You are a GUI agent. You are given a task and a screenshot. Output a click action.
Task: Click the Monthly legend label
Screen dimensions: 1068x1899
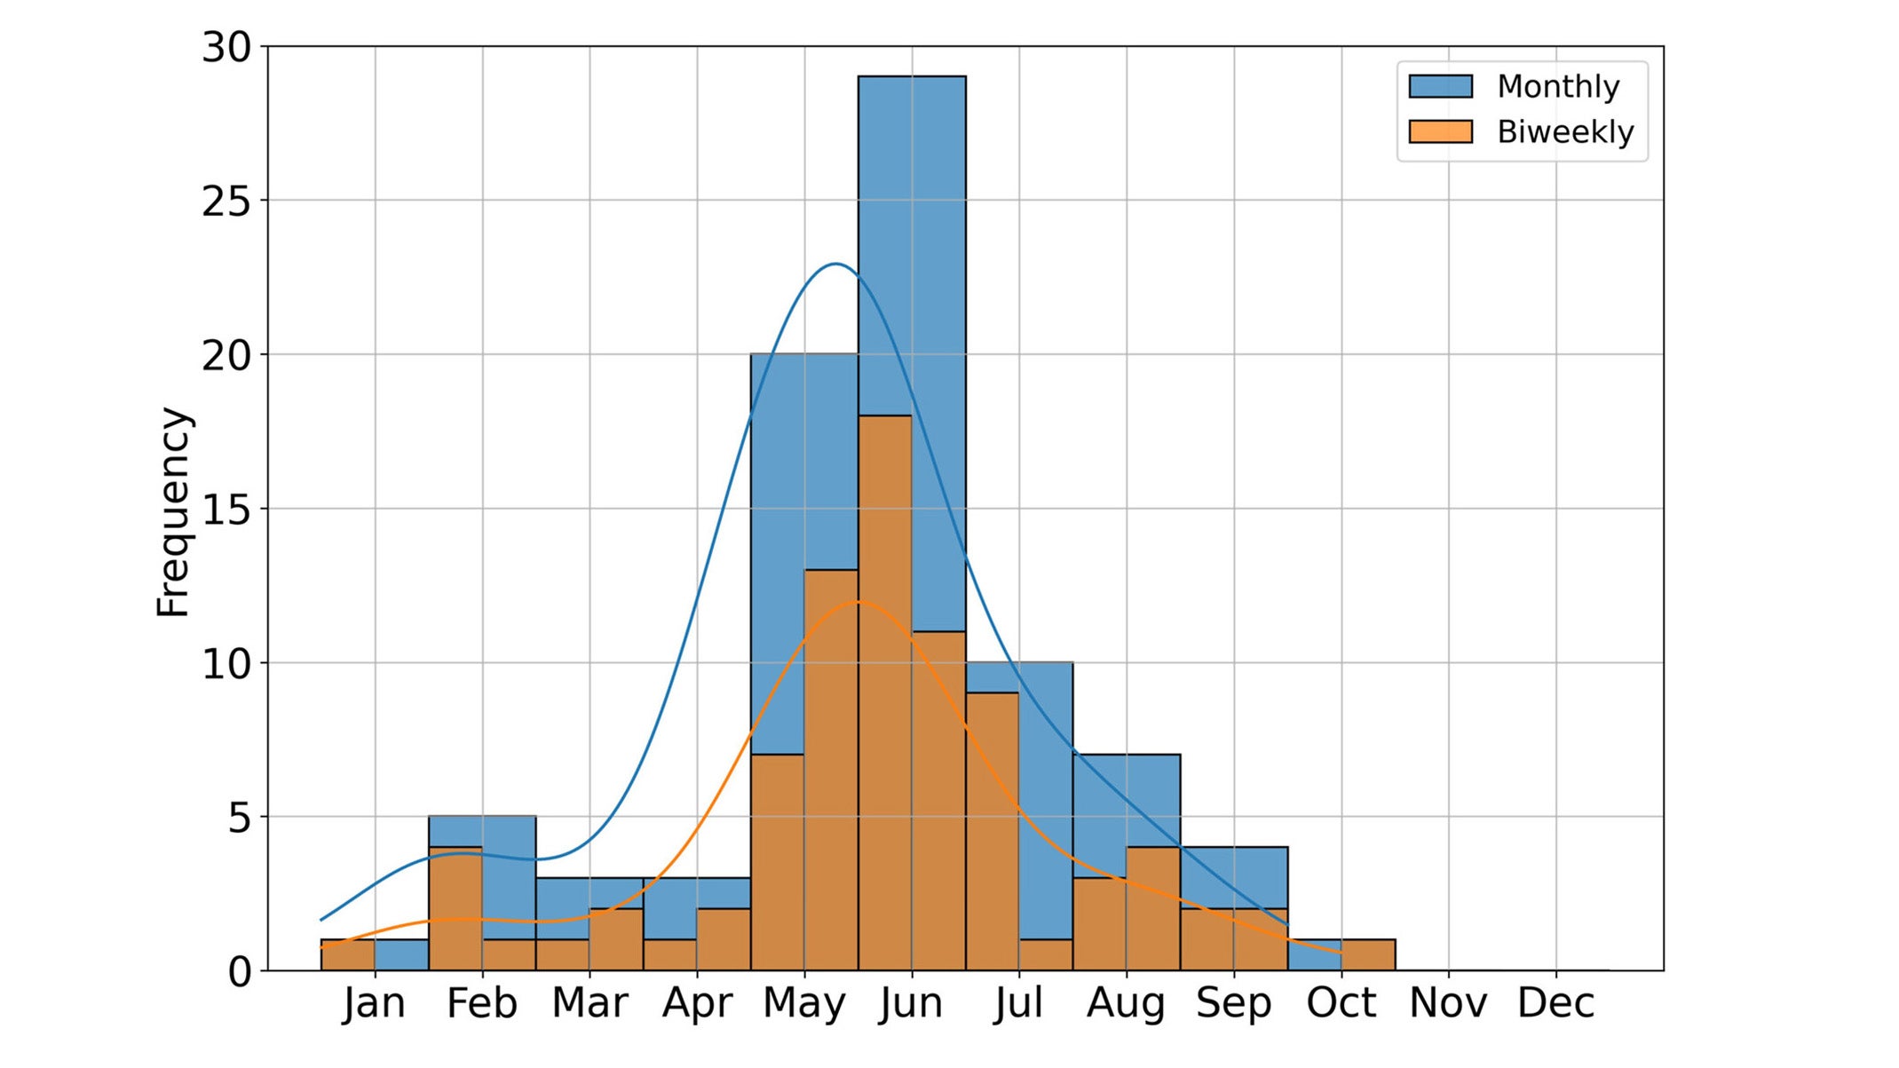[x=1558, y=86]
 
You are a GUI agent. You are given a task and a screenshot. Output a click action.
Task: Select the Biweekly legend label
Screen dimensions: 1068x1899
[x=1565, y=131]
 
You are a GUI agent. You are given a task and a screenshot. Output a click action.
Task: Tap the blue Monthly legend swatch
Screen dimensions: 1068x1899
[x=1440, y=86]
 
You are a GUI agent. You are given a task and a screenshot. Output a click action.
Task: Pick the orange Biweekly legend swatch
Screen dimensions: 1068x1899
[x=1440, y=131]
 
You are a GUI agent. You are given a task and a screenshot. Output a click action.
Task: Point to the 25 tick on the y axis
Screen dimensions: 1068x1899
[x=226, y=202]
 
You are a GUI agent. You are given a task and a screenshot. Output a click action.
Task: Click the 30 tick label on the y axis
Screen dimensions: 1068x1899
[x=226, y=47]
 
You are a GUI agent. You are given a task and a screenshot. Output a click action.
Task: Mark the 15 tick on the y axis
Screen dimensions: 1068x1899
[x=226, y=510]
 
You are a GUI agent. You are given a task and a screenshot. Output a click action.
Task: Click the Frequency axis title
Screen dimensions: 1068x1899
[x=173, y=511]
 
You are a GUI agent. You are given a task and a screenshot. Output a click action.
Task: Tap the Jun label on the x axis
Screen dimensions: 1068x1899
[x=911, y=1003]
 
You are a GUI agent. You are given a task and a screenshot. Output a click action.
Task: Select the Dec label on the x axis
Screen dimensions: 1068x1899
[x=1555, y=1003]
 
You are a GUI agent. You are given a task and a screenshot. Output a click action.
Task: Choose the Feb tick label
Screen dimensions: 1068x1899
[x=481, y=1003]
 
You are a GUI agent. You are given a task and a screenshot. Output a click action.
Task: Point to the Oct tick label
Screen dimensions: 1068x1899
[x=1341, y=1003]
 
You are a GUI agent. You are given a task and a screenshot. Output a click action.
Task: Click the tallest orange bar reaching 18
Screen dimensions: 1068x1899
[x=885, y=692]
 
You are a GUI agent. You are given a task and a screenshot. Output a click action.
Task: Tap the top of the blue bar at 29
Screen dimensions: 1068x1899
[x=912, y=77]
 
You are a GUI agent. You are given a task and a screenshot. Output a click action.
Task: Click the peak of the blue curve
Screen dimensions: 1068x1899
[x=835, y=264]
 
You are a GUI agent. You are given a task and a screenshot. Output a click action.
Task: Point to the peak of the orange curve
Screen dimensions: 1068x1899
[x=857, y=602]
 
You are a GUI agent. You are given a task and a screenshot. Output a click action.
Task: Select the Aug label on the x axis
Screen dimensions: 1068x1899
[x=1126, y=1003]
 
